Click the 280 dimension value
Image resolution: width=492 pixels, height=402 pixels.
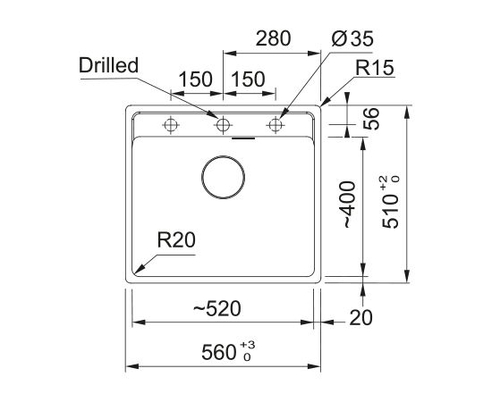[274, 38]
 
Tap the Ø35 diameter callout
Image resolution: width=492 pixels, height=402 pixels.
[352, 39]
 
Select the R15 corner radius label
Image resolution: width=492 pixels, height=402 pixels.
[374, 68]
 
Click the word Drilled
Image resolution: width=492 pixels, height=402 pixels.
[108, 65]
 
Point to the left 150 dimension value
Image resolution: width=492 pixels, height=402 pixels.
[196, 79]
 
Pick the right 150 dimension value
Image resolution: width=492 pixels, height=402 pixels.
[248, 79]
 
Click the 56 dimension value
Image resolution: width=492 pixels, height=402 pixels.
[371, 119]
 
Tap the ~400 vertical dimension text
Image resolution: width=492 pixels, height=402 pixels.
[349, 205]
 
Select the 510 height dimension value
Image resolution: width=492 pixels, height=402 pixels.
[390, 211]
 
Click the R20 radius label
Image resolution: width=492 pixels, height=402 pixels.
[176, 240]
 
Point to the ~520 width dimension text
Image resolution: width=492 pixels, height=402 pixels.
[216, 308]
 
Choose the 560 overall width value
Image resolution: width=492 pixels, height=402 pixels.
[218, 352]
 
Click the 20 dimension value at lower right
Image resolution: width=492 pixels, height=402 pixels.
[361, 317]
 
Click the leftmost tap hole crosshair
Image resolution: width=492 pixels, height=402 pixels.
[170, 125]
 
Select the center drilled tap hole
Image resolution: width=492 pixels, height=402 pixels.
[223, 125]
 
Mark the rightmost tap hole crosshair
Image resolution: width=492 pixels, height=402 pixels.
[276, 125]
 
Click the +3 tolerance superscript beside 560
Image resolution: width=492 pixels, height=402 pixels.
[248, 345]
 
